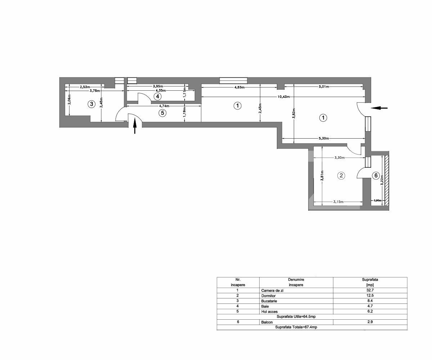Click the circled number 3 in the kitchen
[x=92, y=104]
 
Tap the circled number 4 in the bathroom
[x=157, y=96]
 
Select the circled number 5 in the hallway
[x=162, y=113]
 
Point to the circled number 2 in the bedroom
[x=341, y=176]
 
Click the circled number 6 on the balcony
[x=375, y=175]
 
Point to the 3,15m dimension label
[x=338, y=202]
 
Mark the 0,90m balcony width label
[x=377, y=201]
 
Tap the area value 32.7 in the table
[x=370, y=290]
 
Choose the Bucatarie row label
[x=269, y=301]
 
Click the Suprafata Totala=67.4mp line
[x=296, y=327]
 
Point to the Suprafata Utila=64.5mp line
[x=296, y=316]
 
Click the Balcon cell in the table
[x=267, y=322]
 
